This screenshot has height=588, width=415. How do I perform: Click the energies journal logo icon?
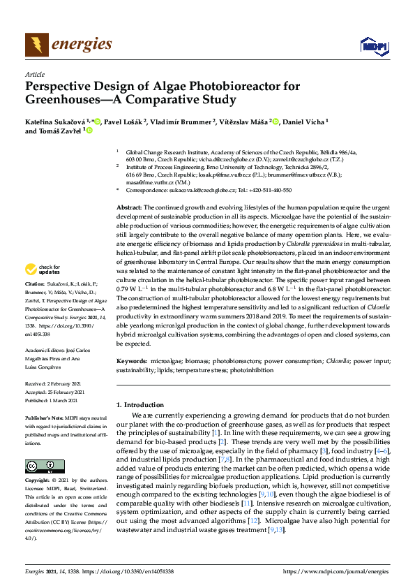[37, 45]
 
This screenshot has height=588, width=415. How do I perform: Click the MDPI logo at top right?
[372, 46]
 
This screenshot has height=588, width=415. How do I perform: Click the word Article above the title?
[34, 74]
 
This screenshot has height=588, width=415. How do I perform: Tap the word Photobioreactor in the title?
[222, 87]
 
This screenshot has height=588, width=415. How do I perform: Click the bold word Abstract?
[128, 207]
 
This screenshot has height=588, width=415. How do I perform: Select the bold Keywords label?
[132, 361]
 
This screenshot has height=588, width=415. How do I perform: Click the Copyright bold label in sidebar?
[39, 481]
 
